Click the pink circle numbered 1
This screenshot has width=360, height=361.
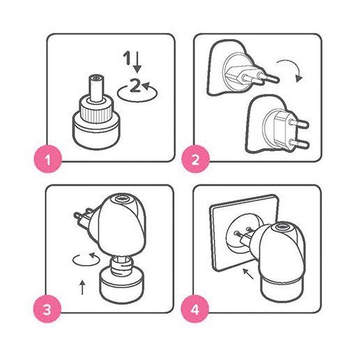pyautogui.click(x=48, y=159)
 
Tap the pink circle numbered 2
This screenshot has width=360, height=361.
pyautogui.click(x=195, y=159)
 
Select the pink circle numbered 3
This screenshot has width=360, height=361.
pyautogui.click(x=47, y=309)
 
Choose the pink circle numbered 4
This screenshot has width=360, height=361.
pyautogui.click(x=195, y=309)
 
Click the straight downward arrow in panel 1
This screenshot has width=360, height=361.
pyautogui.click(x=138, y=62)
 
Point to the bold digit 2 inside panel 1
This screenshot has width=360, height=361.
pyautogui.click(x=135, y=86)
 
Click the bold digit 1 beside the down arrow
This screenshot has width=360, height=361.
pyautogui.click(x=127, y=58)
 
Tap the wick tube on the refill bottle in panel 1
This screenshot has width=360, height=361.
pyautogui.click(x=97, y=88)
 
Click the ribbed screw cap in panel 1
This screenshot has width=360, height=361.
pyautogui.click(x=97, y=110)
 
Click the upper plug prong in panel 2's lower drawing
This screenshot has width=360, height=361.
pyautogui.click(x=299, y=124)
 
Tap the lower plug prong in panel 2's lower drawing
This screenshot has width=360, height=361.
pyautogui.click(x=299, y=144)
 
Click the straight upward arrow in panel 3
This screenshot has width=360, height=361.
pyautogui.click(x=83, y=287)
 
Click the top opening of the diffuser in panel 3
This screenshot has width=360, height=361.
pyautogui.click(x=121, y=199)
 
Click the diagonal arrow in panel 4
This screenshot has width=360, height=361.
pyautogui.click(x=248, y=273)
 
